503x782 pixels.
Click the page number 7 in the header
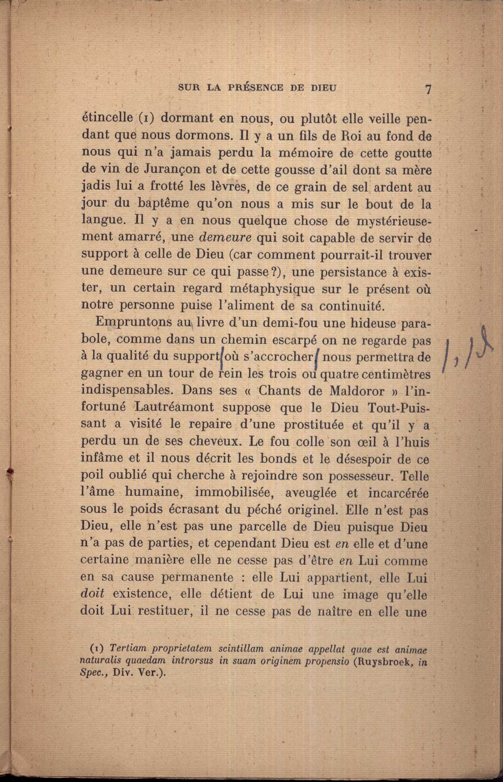429,89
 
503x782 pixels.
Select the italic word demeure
226,238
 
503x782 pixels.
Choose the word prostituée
314,424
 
